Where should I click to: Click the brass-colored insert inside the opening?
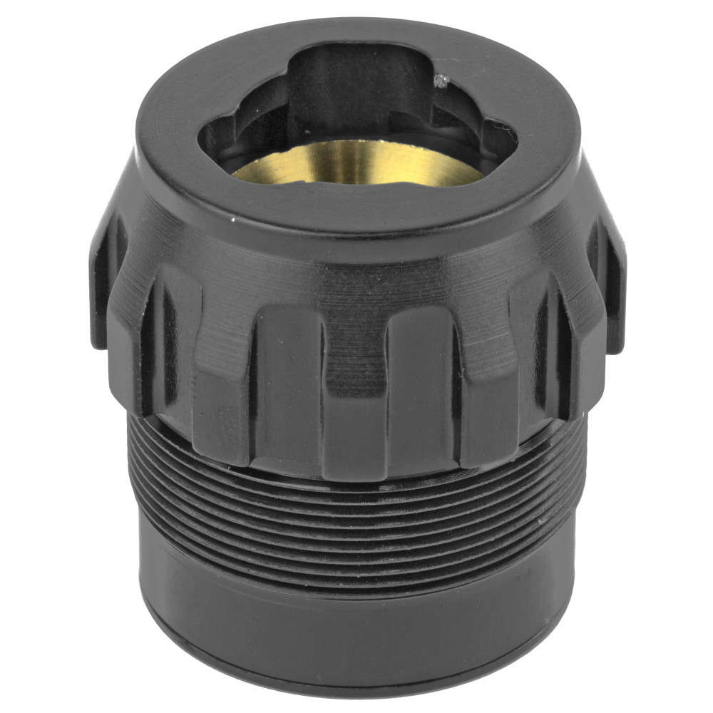tap(356, 163)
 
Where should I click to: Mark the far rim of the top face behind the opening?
tap(356, 32)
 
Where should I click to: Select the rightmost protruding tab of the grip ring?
tap(613, 285)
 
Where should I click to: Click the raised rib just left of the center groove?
tap(285, 385)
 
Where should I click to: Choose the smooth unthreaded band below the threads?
tap(356, 613)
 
